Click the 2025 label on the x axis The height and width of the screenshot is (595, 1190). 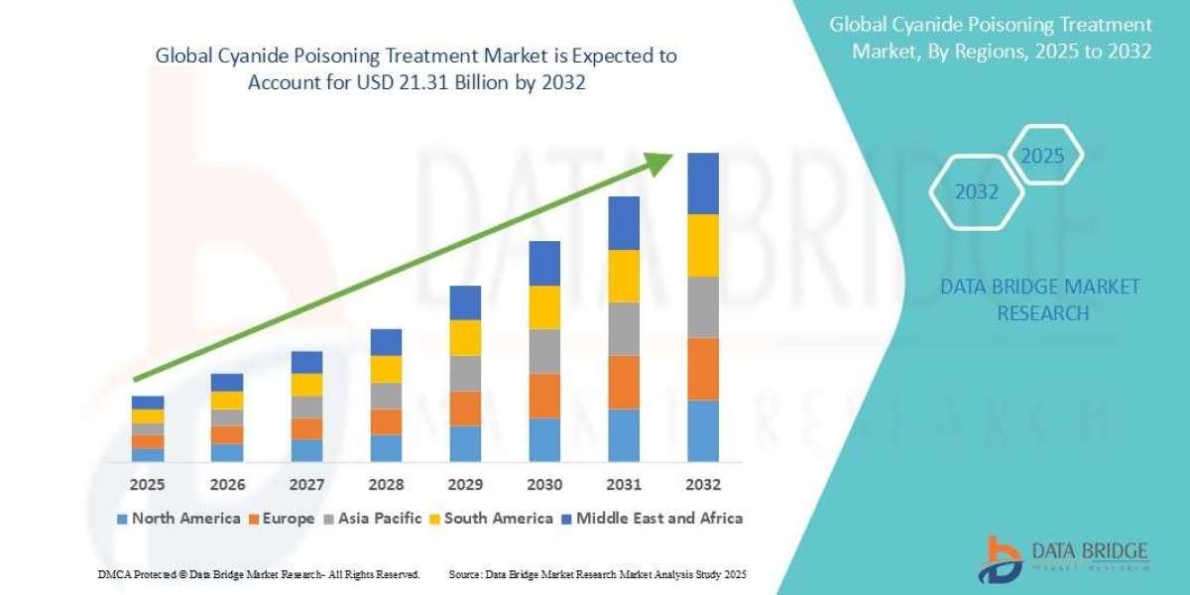click(x=148, y=485)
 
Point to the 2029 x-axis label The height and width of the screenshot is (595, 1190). click(x=465, y=485)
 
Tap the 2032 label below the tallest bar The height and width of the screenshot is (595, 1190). click(x=702, y=485)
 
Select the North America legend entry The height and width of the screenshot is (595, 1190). click(x=178, y=518)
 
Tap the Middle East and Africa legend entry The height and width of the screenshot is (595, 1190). click(x=652, y=518)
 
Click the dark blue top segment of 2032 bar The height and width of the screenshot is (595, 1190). click(x=702, y=183)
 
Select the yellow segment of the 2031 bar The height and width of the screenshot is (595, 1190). click(x=624, y=276)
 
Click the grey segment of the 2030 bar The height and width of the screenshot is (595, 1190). click(x=544, y=351)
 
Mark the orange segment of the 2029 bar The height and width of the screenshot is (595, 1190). click(x=465, y=409)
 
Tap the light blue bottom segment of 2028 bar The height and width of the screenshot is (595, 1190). click(x=386, y=448)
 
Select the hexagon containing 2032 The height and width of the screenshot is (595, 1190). click(x=977, y=192)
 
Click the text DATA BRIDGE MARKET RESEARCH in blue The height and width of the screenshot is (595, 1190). click(x=1039, y=299)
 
